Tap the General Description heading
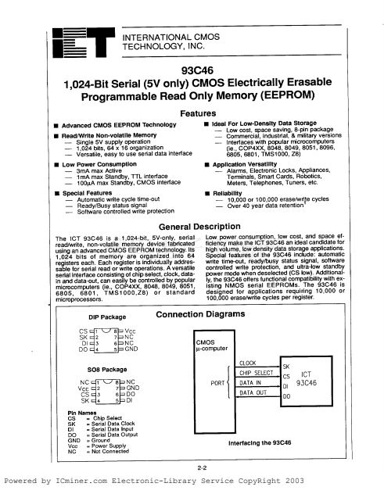tap(192, 227)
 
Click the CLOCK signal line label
tap(249, 364)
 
